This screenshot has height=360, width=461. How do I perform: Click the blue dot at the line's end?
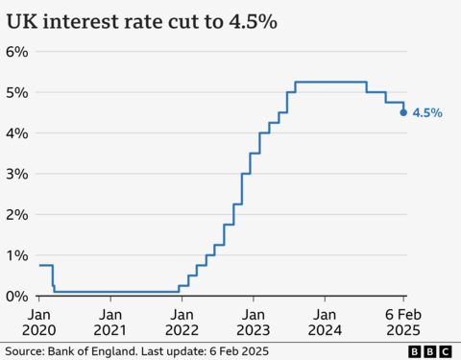(x=402, y=112)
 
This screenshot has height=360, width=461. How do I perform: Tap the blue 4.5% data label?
(x=427, y=113)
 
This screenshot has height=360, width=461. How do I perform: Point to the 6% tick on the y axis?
(x=16, y=51)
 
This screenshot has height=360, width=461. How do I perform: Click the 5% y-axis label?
(x=16, y=92)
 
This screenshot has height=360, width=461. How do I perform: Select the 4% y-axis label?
(x=16, y=133)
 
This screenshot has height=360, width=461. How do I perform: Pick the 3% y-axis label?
(x=16, y=174)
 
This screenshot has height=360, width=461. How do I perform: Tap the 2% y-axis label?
(x=16, y=215)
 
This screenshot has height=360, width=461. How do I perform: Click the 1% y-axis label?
(x=16, y=255)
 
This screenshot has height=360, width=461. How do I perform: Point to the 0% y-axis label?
(x=16, y=296)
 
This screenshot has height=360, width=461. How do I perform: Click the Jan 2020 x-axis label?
(x=39, y=321)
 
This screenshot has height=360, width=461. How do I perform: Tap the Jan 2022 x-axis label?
(x=182, y=321)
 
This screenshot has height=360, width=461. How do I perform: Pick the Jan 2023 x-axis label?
(x=253, y=321)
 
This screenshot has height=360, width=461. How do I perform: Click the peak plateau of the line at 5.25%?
(x=331, y=82)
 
